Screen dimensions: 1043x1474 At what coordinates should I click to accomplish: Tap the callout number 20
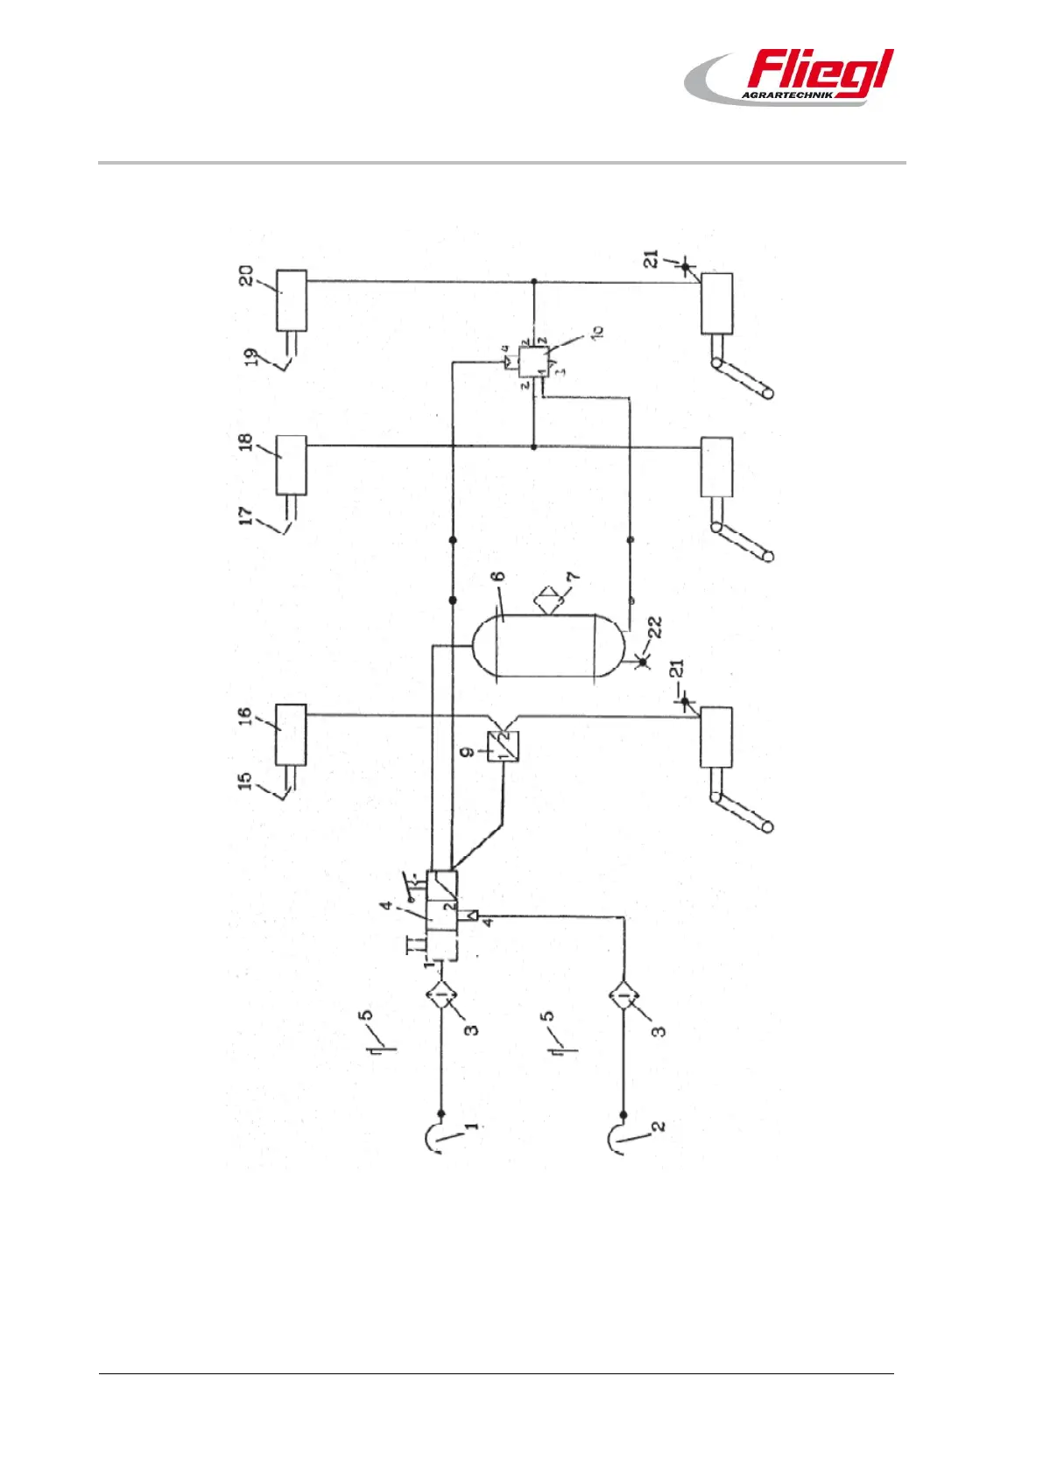[x=248, y=276]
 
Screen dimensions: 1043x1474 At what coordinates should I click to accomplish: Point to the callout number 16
[x=247, y=716]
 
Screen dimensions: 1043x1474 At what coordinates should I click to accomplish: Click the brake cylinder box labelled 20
[x=292, y=300]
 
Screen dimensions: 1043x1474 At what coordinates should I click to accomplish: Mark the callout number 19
[x=252, y=358]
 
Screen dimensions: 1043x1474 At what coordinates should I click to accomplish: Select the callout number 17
[x=249, y=516]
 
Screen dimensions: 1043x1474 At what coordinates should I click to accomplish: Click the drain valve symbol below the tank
[x=643, y=662]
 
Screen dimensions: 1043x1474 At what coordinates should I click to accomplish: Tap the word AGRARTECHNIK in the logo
[x=786, y=95]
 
